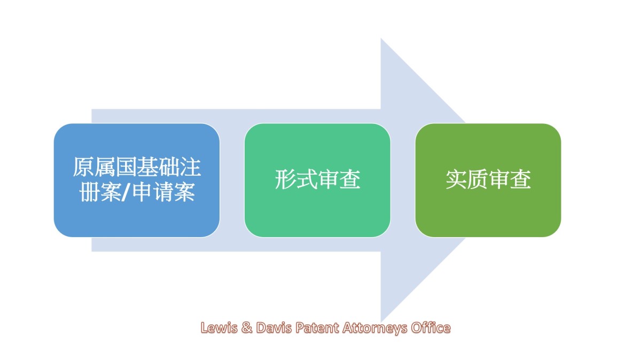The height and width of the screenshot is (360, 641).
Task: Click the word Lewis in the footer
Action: pyautogui.click(x=219, y=327)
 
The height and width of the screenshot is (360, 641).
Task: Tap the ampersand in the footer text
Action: pyautogui.click(x=247, y=327)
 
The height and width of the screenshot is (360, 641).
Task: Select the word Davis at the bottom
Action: pyautogui.click(x=274, y=327)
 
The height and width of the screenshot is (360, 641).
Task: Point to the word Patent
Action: pyautogui.click(x=317, y=327)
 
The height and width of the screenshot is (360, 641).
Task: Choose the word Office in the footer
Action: pyautogui.click(x=431, y=327)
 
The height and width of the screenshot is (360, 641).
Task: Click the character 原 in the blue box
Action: pyautogui.click(x=83, y=167)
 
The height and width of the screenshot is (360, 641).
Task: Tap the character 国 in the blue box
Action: pyautogui.click(x=126, y=167)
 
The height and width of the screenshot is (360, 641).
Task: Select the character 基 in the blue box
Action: pyautogui.click(x=147, y=167)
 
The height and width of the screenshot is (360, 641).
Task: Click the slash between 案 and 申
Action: pyautogui.click(x=127, y=192)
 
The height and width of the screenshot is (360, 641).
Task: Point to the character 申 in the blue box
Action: pyautogui.click(x=142, y=192)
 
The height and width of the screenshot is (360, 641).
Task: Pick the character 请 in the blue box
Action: pyautogui.click(x=163, y=192)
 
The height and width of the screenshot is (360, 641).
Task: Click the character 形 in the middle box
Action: pyautogui.click(x=285, y=179)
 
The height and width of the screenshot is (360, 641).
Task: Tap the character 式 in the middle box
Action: pyautogui.click(x=307, y=179)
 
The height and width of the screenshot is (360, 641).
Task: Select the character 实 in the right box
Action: pyautogui.click(x=456, y=179)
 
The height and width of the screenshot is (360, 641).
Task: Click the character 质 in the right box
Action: pyautogui.click(x=478, y=179)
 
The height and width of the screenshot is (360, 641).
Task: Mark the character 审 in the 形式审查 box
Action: pyautogui.click(x=328, y=179)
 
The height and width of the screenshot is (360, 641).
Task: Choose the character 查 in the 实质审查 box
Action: pyautogui.click(x=520, y=179)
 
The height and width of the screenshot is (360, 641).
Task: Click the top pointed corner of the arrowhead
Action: pyautogui.click(x=381, y=38)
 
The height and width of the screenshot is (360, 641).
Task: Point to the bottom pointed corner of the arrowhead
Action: pyautogui.click(x=381, y=322)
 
